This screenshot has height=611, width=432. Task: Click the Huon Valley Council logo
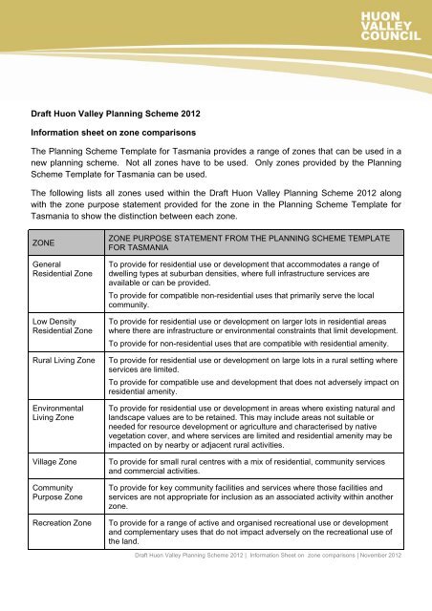[391, 25]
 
